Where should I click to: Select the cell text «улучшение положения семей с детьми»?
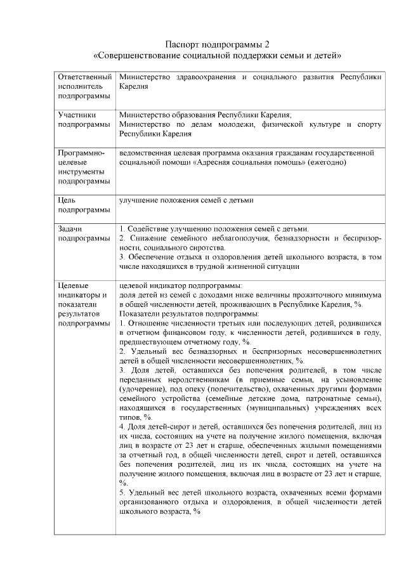click(x=186, y=201)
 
